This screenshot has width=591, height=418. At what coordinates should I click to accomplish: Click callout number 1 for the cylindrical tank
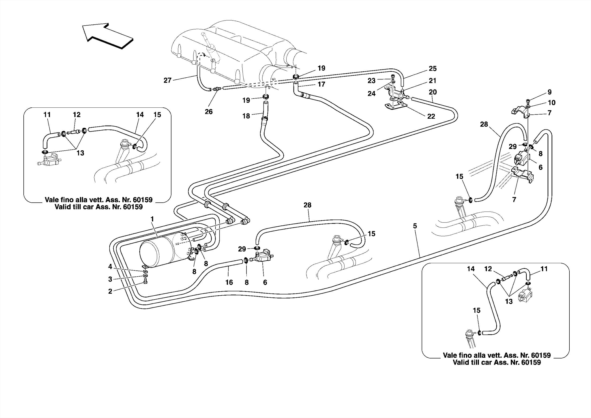click(152, 219)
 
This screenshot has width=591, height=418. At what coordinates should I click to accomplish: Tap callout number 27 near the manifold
click(167, 81)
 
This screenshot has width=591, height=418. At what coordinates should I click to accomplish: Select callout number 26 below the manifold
click(209, 112)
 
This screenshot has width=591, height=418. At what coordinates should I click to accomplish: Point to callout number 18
click(246, 116)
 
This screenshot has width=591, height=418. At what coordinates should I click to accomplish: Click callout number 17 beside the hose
click(321, 84)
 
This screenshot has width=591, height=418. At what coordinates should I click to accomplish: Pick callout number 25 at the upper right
click(433, 69)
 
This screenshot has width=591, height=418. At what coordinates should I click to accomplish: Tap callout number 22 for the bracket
click(431, 116)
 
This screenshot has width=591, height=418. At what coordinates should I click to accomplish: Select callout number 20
click(433, 92)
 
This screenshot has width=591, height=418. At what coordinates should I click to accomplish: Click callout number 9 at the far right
click(549, 92)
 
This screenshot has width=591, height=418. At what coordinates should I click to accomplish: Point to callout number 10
click(551, 103)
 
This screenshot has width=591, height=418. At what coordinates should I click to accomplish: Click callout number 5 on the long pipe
click(415, 226)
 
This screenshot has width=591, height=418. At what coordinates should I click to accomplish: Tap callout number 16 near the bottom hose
click(229, 282)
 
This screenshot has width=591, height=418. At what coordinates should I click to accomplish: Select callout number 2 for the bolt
click(110, 292)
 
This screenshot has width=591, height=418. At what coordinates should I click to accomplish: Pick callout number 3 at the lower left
click(110, 279)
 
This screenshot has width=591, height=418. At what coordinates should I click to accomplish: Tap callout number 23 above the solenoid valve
click(371, 81)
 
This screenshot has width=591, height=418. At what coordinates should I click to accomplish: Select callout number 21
click(433, 81)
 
